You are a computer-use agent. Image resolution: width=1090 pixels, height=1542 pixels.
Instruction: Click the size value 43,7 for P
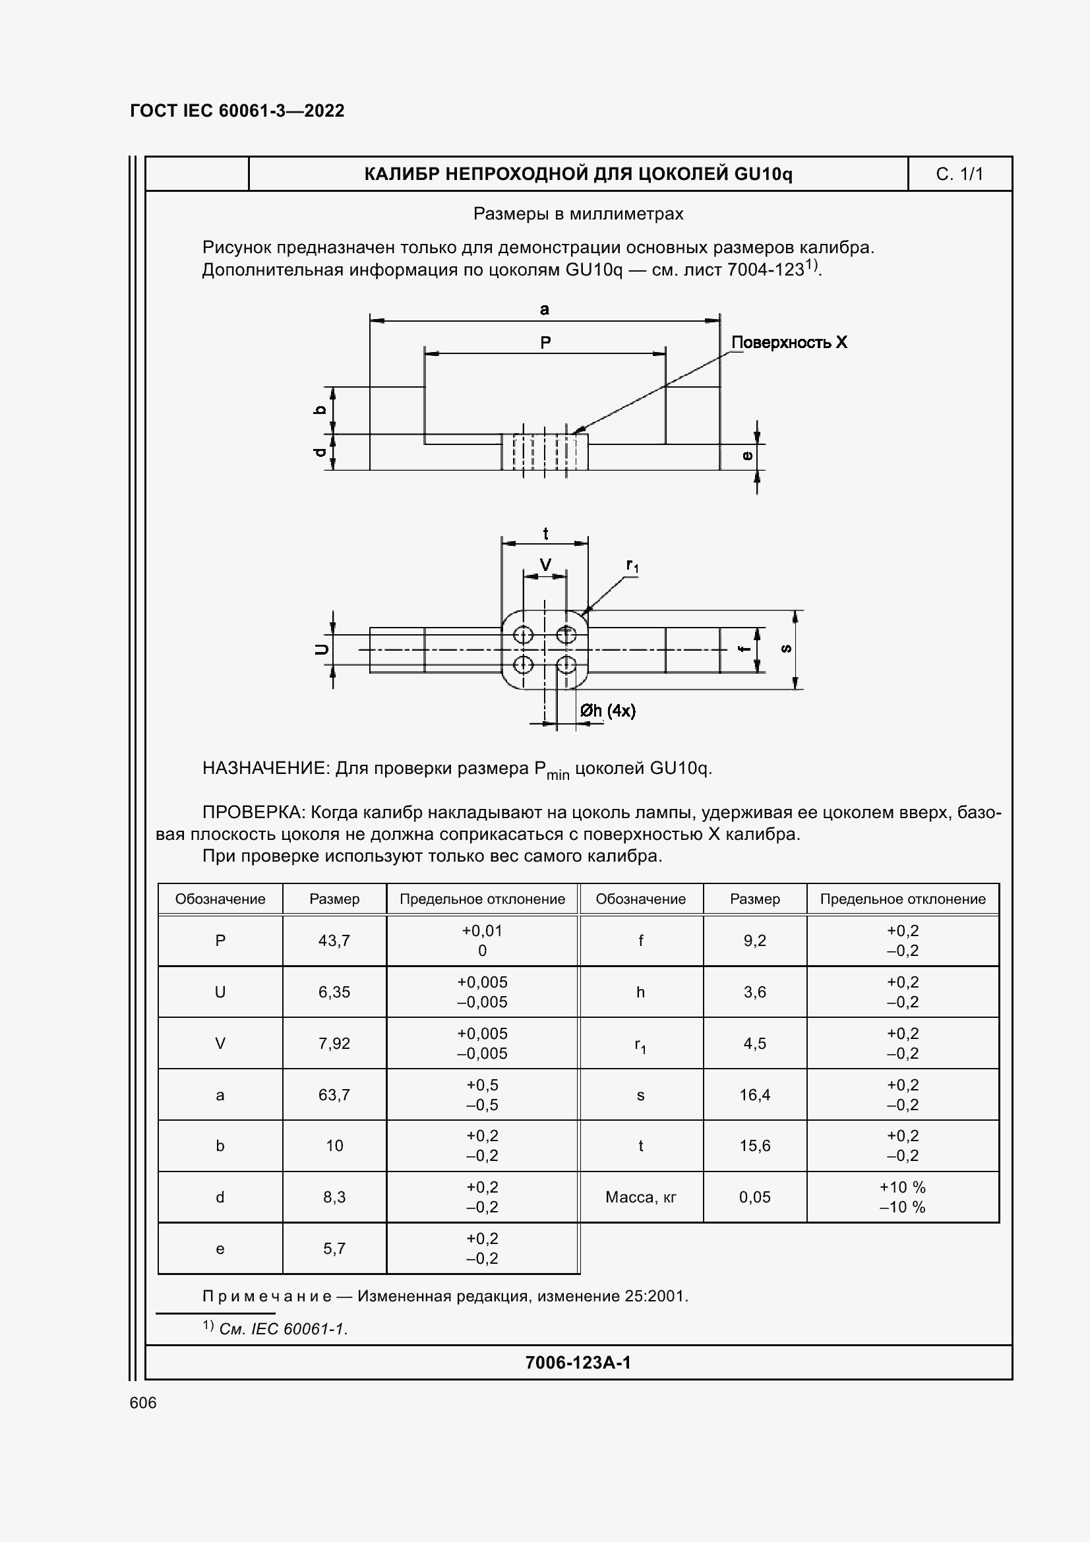[334, 940]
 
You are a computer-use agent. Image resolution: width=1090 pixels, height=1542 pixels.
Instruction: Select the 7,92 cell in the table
[334, 1043]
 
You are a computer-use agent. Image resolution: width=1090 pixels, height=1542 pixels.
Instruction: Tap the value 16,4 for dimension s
[755, 1095]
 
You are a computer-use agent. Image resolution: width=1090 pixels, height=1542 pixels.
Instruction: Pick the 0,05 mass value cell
[755, 1197]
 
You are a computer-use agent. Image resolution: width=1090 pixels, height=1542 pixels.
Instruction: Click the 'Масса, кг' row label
[641, 1197]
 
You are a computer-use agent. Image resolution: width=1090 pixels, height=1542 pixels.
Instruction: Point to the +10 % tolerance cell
[902, 1187]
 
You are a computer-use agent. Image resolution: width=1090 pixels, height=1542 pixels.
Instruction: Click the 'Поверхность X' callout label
[789, 343]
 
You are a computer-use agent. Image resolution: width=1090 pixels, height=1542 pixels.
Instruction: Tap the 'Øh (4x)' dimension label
[608, 711]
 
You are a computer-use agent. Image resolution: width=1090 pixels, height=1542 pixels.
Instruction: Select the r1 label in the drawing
[632, 566]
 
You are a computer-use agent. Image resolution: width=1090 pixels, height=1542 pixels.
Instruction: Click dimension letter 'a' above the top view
[545, 309]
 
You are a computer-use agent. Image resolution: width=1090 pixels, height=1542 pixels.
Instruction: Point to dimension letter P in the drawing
[545, 343]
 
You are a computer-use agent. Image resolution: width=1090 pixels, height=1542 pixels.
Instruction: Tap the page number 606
[143, 1402]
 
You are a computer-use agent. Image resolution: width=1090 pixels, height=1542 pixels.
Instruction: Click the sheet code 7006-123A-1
[578, 1362]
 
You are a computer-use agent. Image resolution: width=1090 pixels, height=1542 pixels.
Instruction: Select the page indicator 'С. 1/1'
[959, 175]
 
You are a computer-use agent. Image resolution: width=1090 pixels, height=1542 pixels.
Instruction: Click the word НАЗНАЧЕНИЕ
[264, 768]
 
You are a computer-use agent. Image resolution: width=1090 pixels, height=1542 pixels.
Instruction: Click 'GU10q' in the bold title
[763, 175]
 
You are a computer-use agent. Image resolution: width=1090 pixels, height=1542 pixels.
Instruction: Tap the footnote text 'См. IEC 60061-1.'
[284, 1328]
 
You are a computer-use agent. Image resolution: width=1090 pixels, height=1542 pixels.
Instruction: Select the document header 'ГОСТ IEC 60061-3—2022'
[237, 111]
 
